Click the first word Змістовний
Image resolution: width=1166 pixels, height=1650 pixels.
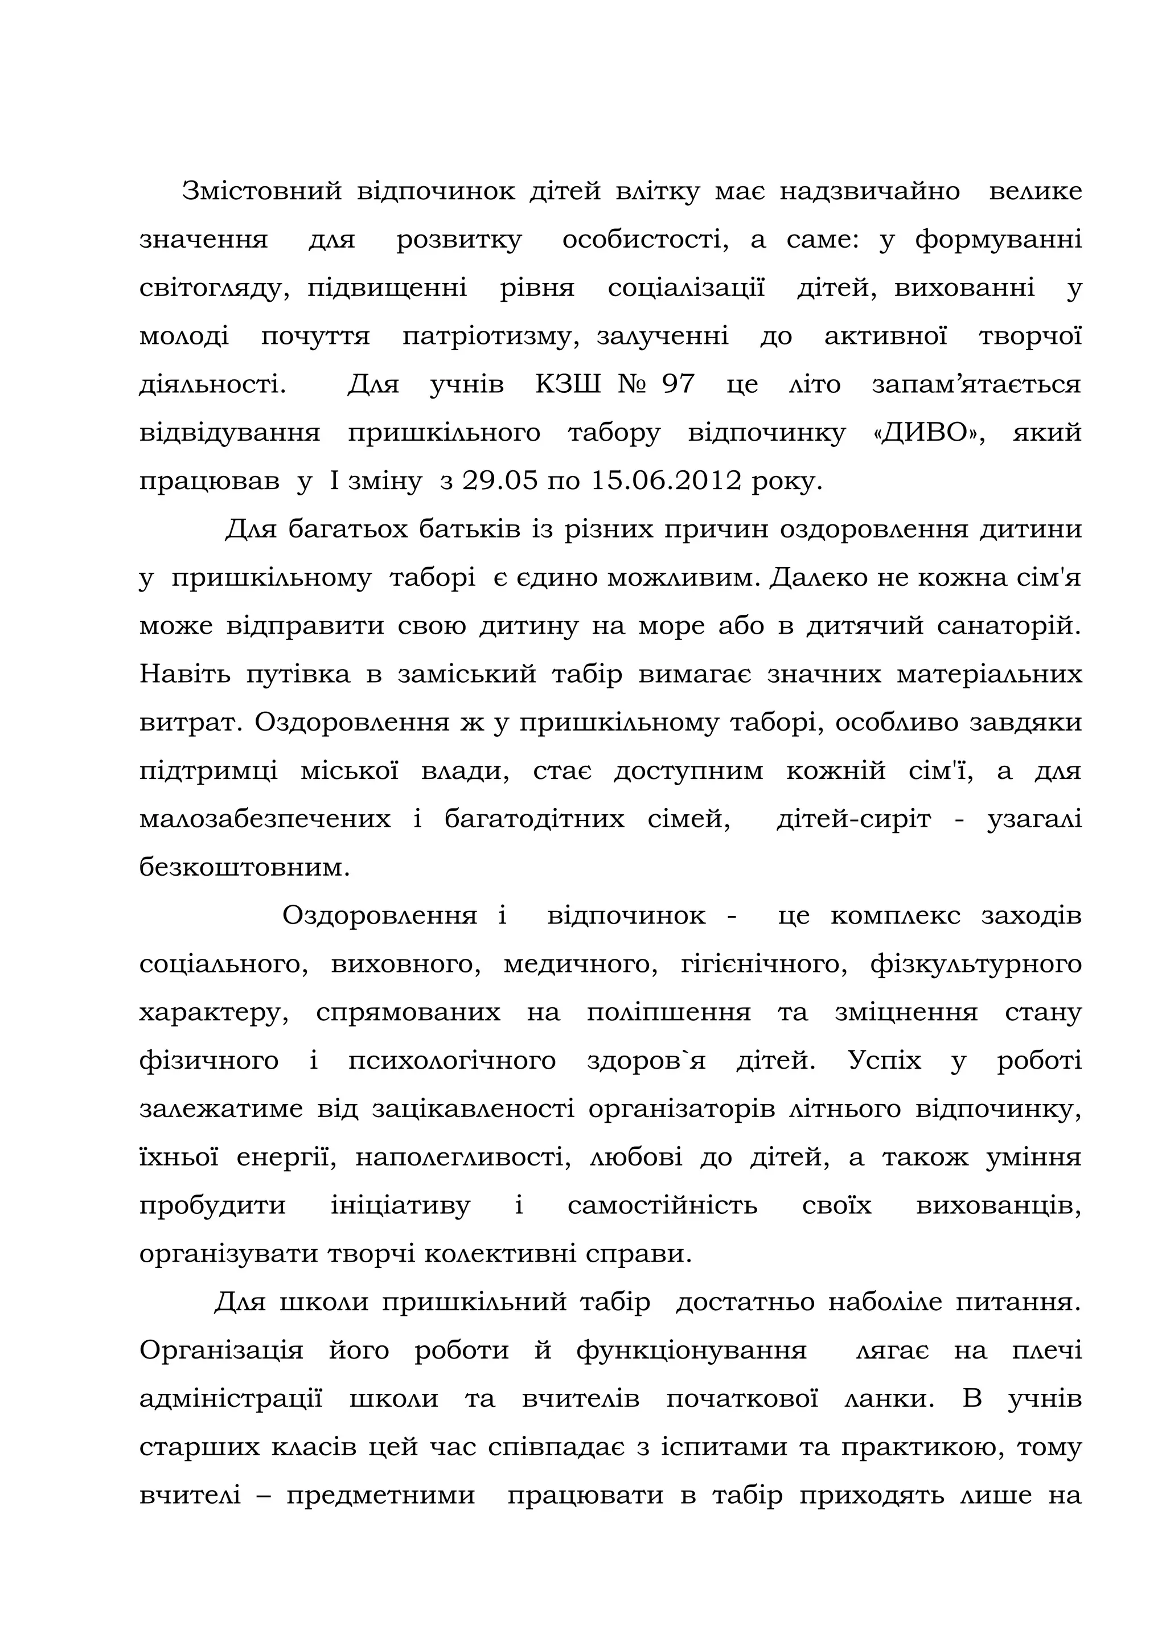(x=261, y=191)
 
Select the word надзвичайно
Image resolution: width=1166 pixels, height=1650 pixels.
(x=869, y=191)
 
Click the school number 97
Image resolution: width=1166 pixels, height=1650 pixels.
(x=678, y=384)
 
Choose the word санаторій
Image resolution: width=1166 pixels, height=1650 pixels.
(x=1009, y=626)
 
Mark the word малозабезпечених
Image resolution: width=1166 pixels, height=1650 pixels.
(x=265, y=819)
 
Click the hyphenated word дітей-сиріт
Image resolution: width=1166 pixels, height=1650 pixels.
(x=853, y=819)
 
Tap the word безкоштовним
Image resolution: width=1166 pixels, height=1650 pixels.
(x=244, y=867)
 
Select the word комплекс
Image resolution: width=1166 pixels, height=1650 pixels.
(x=895, y=916)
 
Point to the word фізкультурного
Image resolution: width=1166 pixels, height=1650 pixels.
(x=976, y=964)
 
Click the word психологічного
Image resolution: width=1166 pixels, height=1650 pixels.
(x=452, y=1061)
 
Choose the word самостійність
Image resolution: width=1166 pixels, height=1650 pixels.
(x=662, y=1205)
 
